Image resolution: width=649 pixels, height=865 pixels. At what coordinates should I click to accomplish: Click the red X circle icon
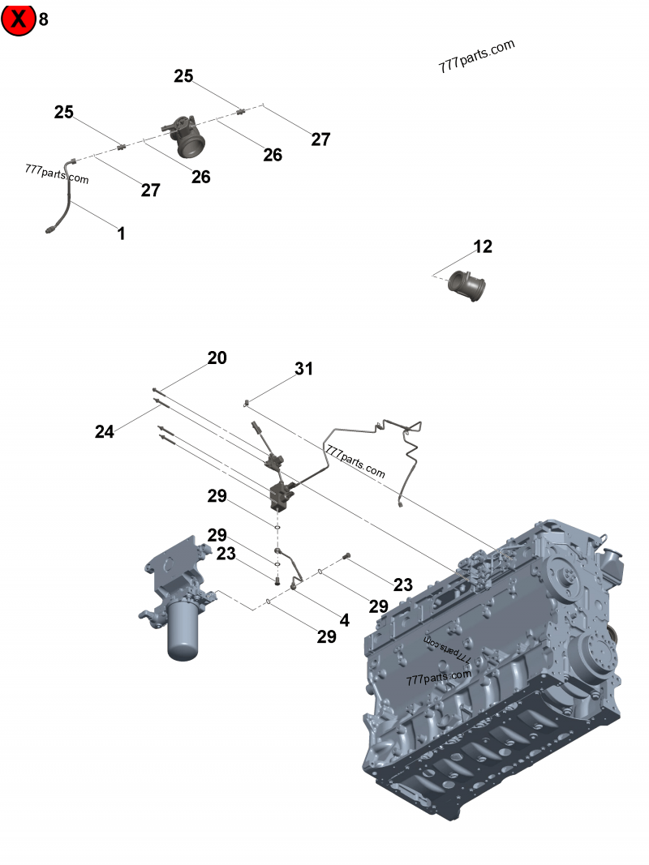tap(19, 19)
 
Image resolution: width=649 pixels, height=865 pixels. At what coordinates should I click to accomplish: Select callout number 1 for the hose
tap(121, 234)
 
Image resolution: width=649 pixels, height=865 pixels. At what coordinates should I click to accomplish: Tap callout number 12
tap(483, 246)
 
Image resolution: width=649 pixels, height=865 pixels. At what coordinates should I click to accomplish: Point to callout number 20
tap(217, 358)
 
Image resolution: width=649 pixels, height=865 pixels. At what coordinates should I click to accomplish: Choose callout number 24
tap(104, 432)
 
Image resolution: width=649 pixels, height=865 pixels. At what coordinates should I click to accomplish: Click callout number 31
tap(303, 369)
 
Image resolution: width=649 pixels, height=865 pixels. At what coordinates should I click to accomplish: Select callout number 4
tap(344, 620)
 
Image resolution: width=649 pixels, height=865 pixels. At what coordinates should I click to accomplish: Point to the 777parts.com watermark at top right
tap(477, 57)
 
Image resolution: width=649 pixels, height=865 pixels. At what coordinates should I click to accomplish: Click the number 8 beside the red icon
tap(44, 19)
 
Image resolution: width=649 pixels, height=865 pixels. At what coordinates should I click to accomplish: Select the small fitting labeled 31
tap(245, 402)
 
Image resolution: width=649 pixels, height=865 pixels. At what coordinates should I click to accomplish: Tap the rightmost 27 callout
tap(320, 139)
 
